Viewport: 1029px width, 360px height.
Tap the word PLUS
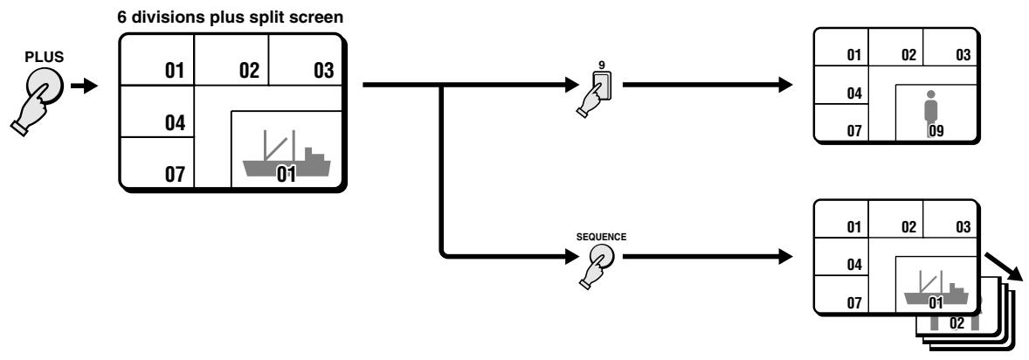tap(45, 57)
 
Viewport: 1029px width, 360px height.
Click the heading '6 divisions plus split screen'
tap(231, 17)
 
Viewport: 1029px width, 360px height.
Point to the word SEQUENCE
tap(601, 237)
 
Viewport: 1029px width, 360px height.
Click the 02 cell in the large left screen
tap(231, 59)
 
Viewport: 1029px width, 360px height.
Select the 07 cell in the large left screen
tap(157, 163)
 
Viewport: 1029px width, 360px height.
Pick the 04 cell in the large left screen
tap(157, 112)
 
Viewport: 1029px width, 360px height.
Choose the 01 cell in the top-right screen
tap(841, 47)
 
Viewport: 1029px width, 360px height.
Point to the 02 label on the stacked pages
tap(956, 323)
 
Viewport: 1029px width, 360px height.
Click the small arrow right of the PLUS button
tap(84, 86)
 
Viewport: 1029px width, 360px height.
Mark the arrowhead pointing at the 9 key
tap(567, 85)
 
